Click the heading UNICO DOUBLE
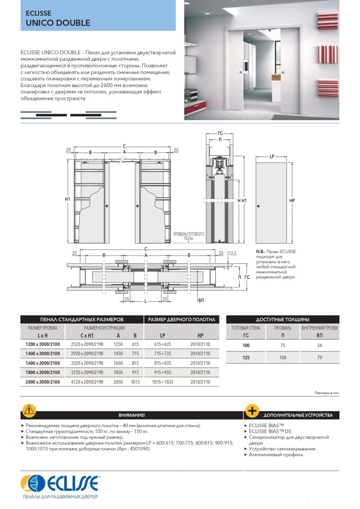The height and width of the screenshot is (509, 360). (58, 23)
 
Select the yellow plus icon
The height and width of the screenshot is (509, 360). (252, 411)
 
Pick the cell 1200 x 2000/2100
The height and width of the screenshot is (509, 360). (42, 344)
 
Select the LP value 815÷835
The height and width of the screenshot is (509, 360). (161, 363)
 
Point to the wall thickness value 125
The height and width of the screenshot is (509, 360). (246, 358)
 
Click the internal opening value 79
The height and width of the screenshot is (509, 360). (320, 358)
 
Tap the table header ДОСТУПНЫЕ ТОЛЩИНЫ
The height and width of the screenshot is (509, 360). (282, 319)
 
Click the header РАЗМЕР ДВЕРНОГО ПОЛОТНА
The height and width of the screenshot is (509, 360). (182, 319)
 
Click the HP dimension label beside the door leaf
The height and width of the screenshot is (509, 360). (292, 201)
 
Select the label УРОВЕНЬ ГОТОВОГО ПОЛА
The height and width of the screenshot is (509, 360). (188, 236)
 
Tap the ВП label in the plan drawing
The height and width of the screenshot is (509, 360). (201, 301)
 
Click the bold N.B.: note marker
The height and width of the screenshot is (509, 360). (261, 252)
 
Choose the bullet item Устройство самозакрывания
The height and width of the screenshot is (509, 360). (282, 449)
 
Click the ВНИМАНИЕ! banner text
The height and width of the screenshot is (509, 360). (132, 415)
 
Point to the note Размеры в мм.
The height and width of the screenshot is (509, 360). (327, 393)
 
